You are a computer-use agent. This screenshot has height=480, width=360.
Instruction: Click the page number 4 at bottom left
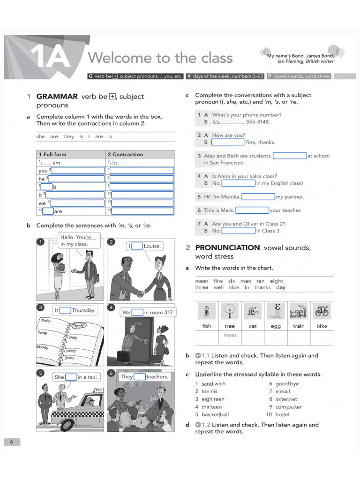(x=12, y=442)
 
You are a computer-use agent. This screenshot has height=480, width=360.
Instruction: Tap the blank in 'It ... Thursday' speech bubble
(x=65, y=310)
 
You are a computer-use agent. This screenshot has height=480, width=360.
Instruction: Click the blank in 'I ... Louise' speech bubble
(x=137, y=246)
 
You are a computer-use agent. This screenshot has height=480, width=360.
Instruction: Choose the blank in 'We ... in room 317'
(x=137, y=312)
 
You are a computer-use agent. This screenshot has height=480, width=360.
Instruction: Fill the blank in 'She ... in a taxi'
(x=71, y=377)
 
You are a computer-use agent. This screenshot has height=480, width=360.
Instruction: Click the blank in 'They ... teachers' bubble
(x=139, y=376)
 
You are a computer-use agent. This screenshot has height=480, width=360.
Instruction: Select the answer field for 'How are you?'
(x=228, y=142)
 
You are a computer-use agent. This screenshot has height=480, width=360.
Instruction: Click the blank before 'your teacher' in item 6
(x=252, y=210)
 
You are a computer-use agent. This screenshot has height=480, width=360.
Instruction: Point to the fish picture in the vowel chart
(x=206, y=311)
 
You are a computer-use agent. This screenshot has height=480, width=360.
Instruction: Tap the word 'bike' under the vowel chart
(x=322, y=326)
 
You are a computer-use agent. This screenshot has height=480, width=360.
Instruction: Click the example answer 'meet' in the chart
(x=230, y=335)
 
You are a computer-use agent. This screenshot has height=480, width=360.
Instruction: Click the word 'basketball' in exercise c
(x=215, y=414)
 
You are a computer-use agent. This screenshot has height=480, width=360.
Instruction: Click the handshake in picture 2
(x=141, y=294)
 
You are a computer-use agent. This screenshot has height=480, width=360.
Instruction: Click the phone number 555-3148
(x=258, y=121)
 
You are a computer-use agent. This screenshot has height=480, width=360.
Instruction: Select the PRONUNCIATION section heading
(x=227, y=247)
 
